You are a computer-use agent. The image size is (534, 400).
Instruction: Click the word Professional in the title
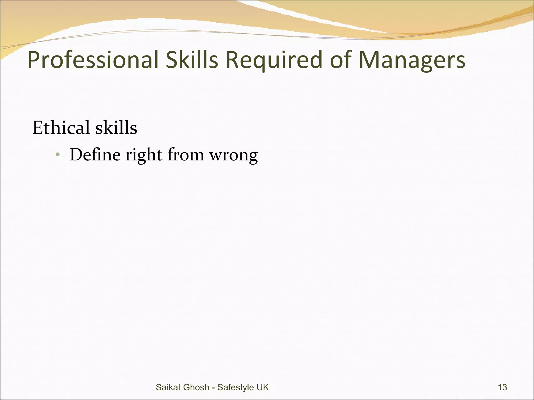pos(93,60)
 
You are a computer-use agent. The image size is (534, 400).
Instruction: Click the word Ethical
pos(61,128)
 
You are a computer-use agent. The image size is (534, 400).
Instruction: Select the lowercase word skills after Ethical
pos(116,128)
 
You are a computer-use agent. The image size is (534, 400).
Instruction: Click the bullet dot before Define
pos(58,155)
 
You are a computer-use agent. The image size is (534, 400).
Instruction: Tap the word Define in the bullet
pos(95,155)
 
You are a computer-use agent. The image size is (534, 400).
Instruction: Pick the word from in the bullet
pos(186,155)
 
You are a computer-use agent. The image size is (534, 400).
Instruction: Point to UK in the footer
pos(263,387)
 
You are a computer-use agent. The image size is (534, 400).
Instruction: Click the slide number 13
pos(502,387)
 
